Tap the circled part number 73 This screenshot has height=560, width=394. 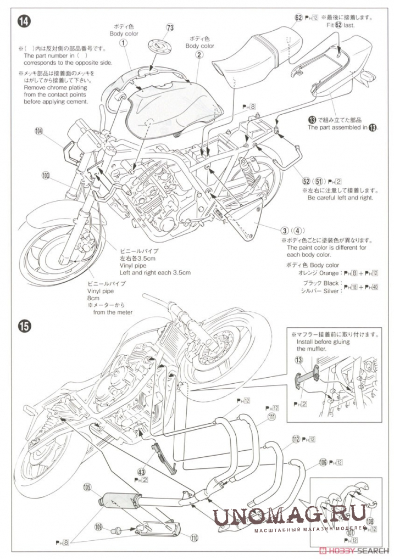[170, 27]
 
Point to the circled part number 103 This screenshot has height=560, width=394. [46, 176]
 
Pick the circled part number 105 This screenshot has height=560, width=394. [87, 486]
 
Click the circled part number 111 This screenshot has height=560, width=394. [271, 417]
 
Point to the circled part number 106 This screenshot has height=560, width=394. [322, 462]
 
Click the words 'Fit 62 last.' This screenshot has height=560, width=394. [341, 25]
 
